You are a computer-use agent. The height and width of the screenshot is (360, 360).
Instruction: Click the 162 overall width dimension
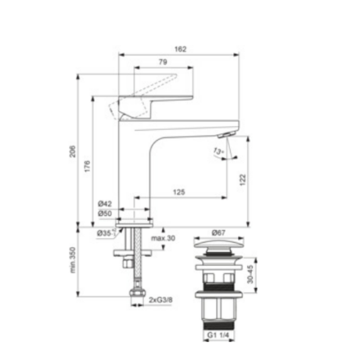[x=180, y=49]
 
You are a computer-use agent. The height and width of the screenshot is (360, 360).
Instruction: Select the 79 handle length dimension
[x=163, y=62]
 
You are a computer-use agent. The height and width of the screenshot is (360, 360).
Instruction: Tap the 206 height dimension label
[x=72, y=151]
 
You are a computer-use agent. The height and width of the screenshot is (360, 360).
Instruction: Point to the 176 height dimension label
[x=87, y=166]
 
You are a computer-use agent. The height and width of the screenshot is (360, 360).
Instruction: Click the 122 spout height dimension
[x=243, y=180]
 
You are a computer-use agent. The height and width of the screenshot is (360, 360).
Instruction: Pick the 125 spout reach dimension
[x=179, y=193]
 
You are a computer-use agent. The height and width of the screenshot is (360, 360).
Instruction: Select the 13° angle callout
[x=218, y=151]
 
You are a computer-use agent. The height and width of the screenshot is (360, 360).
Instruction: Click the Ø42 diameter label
[x=105, y=203]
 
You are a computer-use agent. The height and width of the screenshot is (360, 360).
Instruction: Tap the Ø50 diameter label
[x=105, y=214]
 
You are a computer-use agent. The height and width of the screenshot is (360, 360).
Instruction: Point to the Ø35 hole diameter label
[x=104, y=233]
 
